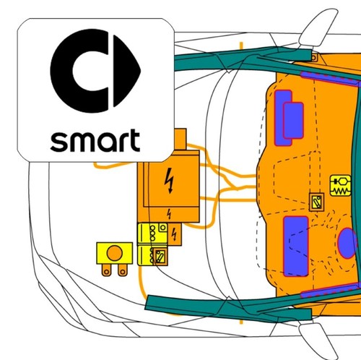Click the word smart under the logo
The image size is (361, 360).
click(95, 140)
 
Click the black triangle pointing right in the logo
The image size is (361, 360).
click(126, 71)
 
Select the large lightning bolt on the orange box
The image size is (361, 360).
click(170, 180)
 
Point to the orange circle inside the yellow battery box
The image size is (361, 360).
click(115, 253)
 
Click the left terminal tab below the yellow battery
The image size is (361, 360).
click(106, 270)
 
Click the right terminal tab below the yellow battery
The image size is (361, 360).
click(123, 270)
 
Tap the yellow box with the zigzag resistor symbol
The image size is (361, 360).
click(341, 185)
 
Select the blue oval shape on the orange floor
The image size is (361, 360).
click(347, 243)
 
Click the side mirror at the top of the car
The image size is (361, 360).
click(318, 27)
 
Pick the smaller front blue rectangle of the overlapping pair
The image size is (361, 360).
click(293, 121)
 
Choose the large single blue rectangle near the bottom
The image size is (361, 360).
click(296, 247)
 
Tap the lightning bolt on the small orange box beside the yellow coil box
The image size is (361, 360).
click(174, 234)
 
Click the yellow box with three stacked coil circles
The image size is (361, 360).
click(152, 234)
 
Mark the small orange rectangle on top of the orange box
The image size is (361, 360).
click(180, 140)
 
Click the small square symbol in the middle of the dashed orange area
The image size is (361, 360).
click(316, 202)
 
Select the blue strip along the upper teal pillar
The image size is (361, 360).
click(330, 79)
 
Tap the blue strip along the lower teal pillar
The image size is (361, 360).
click(330, 291)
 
